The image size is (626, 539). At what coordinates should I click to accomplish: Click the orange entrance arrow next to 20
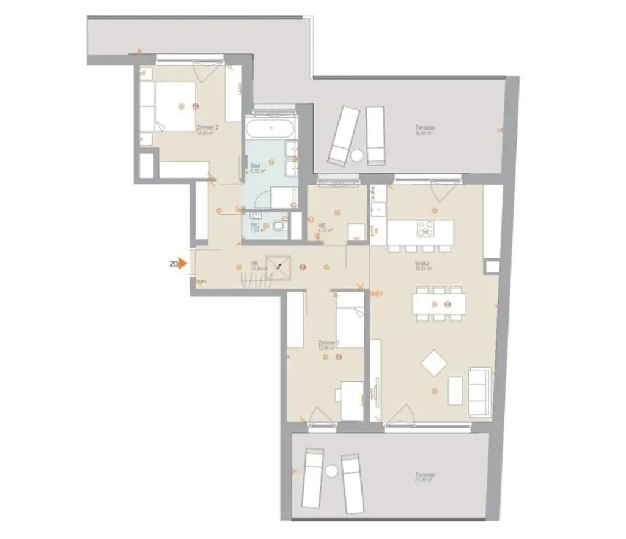tap(182, 264)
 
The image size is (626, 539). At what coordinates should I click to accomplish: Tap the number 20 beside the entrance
tap(173, 264)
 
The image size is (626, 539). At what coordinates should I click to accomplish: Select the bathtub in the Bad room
tap(271, 129)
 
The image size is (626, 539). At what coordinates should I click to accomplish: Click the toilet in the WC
tap(279, 226)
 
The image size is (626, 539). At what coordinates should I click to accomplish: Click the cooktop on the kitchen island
tap(425, 228)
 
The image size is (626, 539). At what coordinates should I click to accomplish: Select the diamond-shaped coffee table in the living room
tap(435, 363)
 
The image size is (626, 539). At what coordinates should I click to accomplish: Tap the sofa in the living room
tap(479, 392)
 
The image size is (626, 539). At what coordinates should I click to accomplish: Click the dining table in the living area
tap(439, 304)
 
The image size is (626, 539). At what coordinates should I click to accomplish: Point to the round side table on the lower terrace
tap(331, 472)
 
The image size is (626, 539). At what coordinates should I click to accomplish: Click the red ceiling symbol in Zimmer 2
tap(195, 106)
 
